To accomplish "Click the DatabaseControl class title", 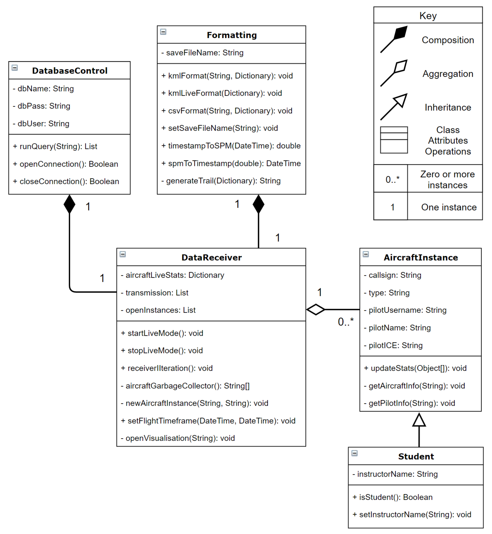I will (x=70, y=71).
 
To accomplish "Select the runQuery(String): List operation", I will (x=55, y=146).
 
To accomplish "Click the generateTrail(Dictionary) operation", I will (x=221, y=181).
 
